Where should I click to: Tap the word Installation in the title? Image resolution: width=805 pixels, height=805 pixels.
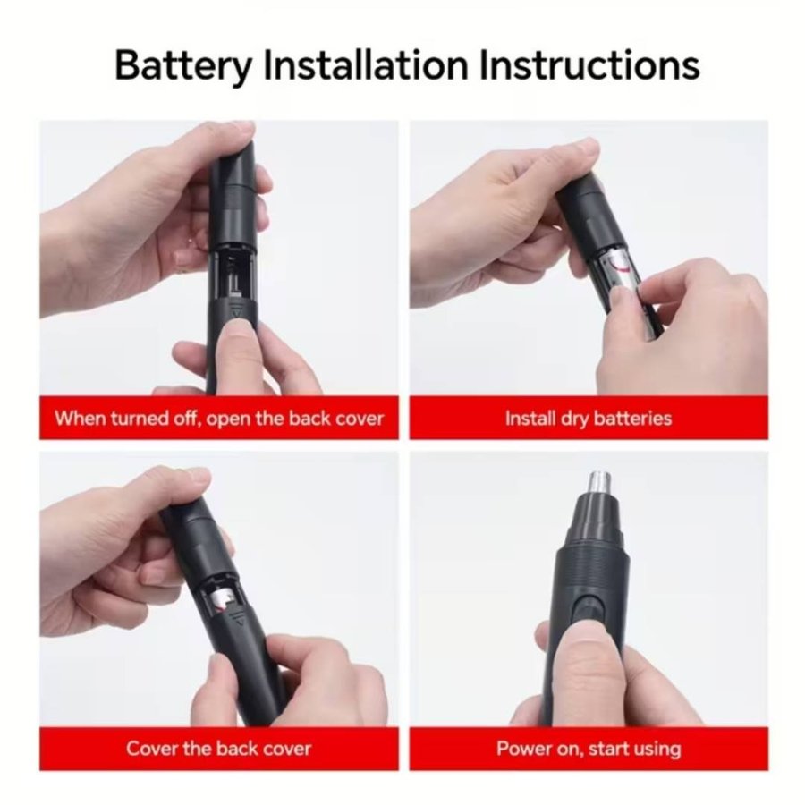pyautogui.click(x=366, y=64)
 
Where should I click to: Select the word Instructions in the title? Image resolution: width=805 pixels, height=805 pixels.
pyautogui.click(x=589, y=64)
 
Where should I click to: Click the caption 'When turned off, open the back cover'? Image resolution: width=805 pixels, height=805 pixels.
pyautogui.click(x=219, y=419)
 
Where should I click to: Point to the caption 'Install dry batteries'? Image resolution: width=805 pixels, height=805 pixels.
pyautogui.click(x=589, y=419)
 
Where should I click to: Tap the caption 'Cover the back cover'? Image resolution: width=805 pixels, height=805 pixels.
pyautogui.click(x=219, y=749)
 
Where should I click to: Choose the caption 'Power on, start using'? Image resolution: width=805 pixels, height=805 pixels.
pyautogui.click(x=589, y=749)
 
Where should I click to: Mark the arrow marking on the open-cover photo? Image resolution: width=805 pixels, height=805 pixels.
pyautogui.click(x=236, y=311)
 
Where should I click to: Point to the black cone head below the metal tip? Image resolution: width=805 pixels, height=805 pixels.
pyautogui.click(x=597, y=519)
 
